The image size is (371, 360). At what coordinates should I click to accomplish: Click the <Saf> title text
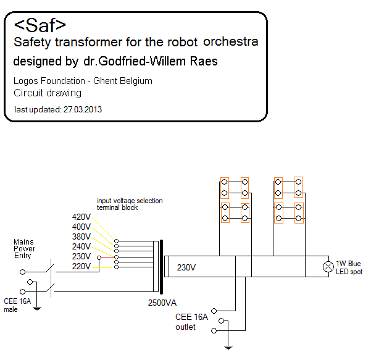click(x=40, y=25)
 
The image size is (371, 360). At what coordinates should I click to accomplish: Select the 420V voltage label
click(x=81, y=217)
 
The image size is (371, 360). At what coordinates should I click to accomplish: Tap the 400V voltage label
click(x=81, y=227)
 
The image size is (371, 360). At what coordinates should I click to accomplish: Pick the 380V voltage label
click(x=81, y=237)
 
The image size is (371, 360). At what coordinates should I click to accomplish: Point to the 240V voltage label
click(x=81, y=247)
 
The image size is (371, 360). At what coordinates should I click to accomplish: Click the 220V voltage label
click(x=81, y=267)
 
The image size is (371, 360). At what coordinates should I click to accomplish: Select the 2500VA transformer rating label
click(x=162, y=303)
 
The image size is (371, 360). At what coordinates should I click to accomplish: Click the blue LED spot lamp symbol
click(x=329, y=267)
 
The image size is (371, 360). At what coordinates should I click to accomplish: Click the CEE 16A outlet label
click(x=191, y=322)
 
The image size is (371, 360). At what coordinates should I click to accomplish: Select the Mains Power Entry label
click(x=25, y=248)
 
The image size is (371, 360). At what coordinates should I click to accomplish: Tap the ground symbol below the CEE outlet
click(x=228, y=347)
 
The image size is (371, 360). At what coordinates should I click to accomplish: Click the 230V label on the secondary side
click(x=186, y=267)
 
